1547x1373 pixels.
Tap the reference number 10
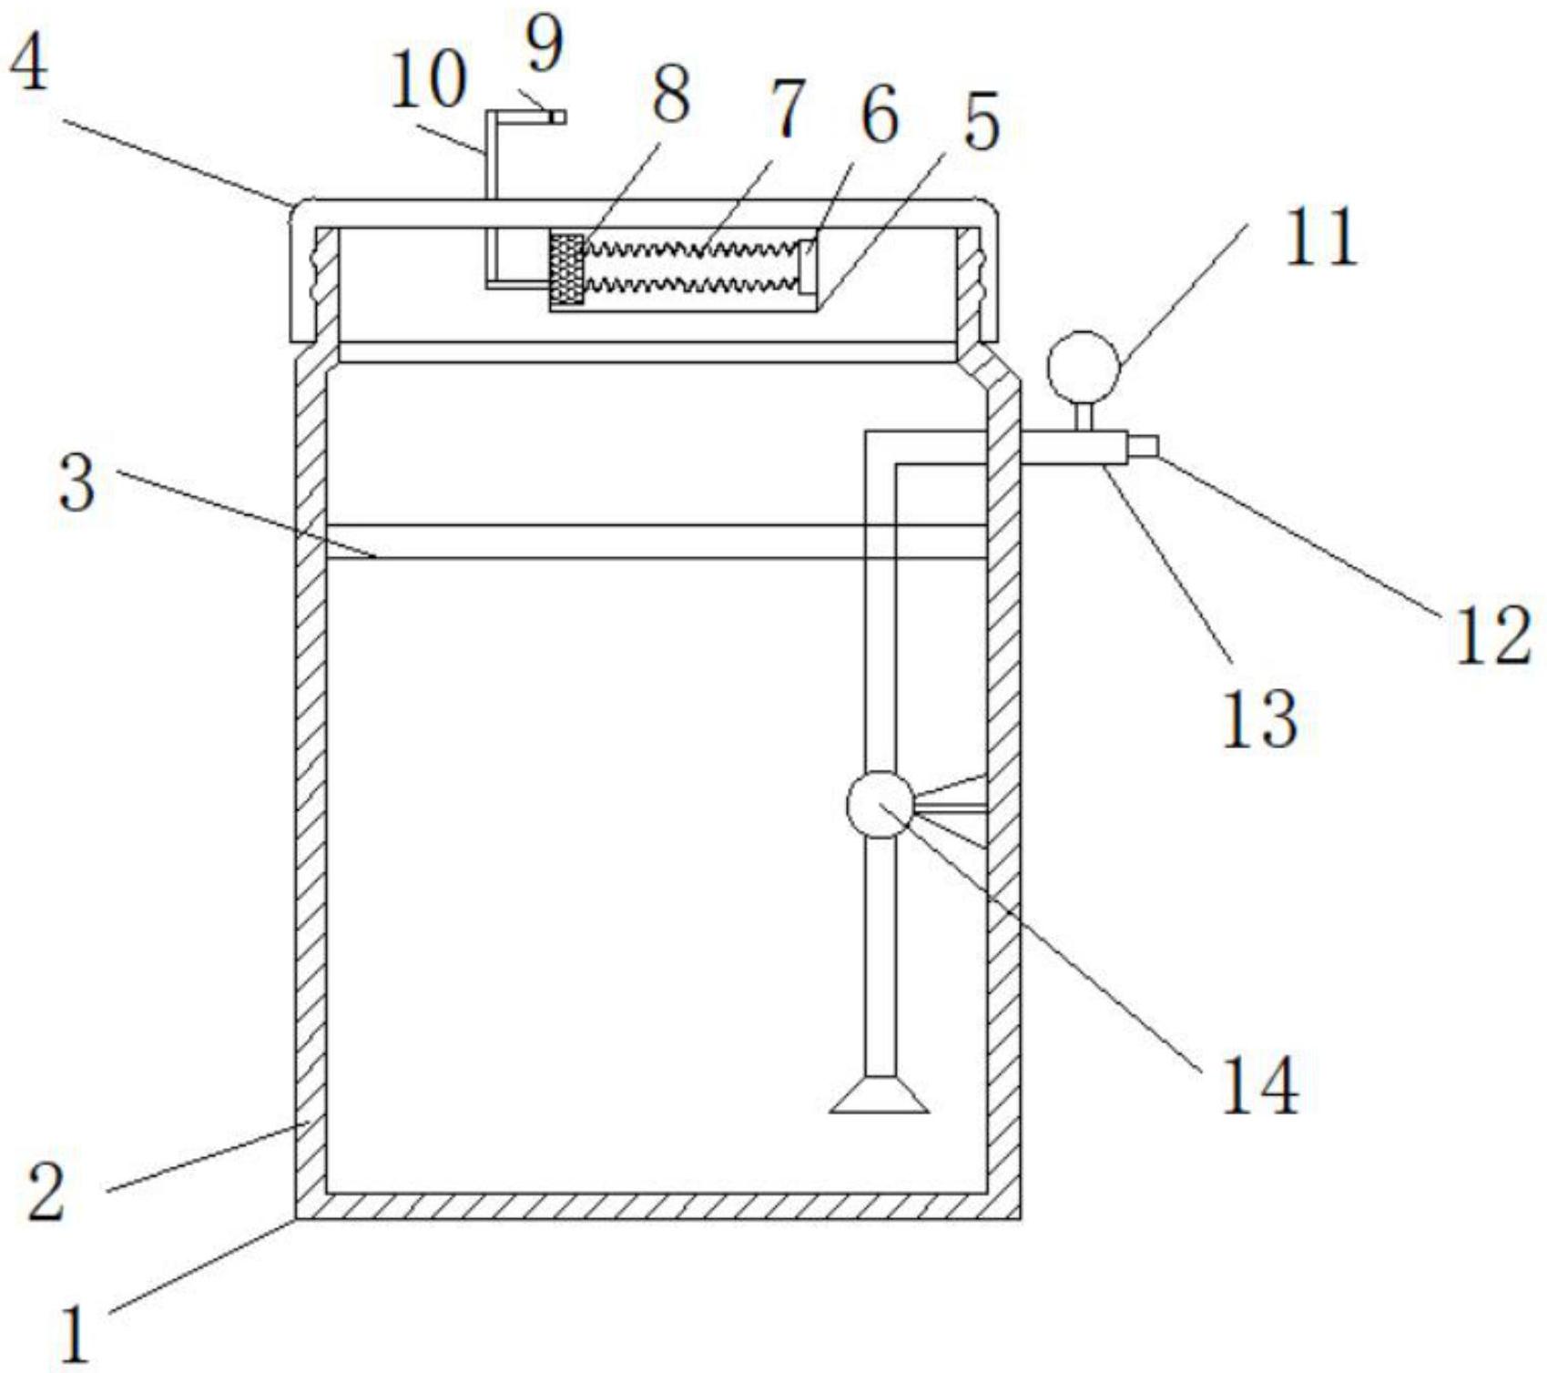pyautogui.click(x=427, y=81)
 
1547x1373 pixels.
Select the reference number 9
pyautogui.click(x=544, y=46)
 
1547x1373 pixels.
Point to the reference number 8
pyautogui.click(x=670, y=97)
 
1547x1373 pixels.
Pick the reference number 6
pyautogui.click(x=879, y=117)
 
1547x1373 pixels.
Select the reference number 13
pyautogui.click(x=1258, y=718)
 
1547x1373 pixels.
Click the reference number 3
pyautogui.click(x=76, y=483)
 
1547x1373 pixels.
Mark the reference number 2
pyautogui.click(x=46, y=1193)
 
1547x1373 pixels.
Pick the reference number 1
pyautogui.click(x=75, y=1334)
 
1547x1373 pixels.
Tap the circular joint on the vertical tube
pyautogui.click(x=880, y=804)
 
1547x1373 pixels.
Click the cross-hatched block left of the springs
pyautogui.click(x=566, y=270)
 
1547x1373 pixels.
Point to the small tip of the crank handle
pyautogui.click(x=557, y=117)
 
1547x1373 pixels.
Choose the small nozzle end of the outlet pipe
pyautogui.click(x=1144, y=446)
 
